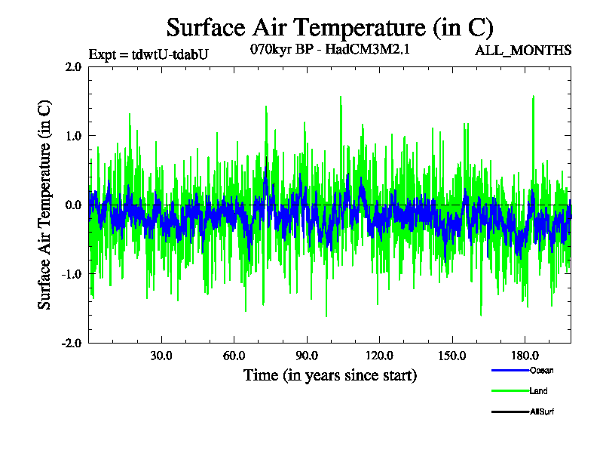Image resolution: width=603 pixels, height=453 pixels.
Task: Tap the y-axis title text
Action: click(x=46, y=205)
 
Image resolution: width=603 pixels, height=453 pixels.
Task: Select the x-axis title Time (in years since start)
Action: click(x=330, y=374)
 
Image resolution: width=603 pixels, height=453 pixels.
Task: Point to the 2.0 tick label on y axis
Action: click(x=73, y=66)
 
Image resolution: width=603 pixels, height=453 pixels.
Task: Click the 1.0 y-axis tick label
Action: click(x=73, y=136)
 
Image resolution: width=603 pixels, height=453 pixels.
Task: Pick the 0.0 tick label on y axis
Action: click(x=73, y=205)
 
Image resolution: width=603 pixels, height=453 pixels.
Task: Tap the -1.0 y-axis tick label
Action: click(x=72, y=274)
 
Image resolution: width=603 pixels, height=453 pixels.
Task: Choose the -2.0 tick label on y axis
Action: click(x=72, y=343)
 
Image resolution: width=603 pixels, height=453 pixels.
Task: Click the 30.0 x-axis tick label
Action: click(x=161, y=356)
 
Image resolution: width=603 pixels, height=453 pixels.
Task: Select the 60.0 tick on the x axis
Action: click(x=234, y=356)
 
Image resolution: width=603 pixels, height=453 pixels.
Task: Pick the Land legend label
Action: click(x=538, y=391)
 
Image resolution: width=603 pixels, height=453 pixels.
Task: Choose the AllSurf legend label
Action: click(x=542, y=411)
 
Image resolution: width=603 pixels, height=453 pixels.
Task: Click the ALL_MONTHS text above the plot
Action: click(x=522, y=51)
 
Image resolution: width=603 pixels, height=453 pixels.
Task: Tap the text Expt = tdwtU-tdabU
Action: click(x=148, y=54)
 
